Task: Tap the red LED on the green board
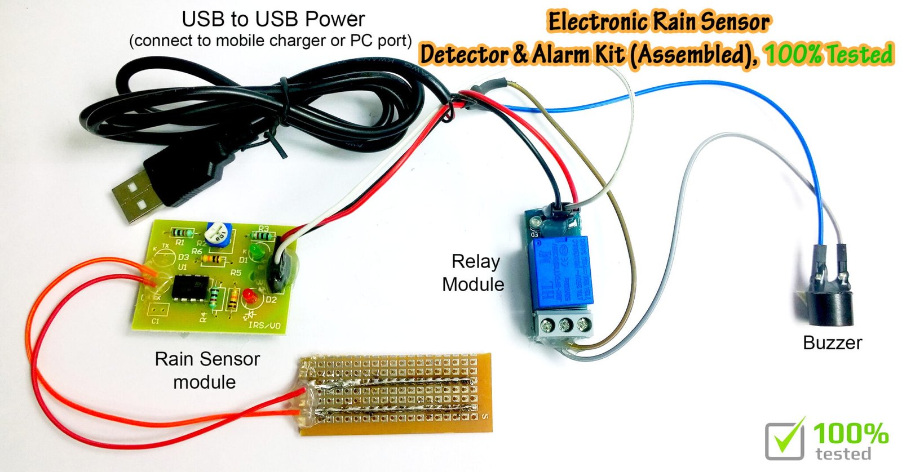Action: (247, 296)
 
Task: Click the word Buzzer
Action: (832, 343)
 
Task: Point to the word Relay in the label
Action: (475, 262)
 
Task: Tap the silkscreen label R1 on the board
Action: (180, 243)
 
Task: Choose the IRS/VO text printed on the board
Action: (264, 326)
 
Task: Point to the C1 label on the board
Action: (156, 321)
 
